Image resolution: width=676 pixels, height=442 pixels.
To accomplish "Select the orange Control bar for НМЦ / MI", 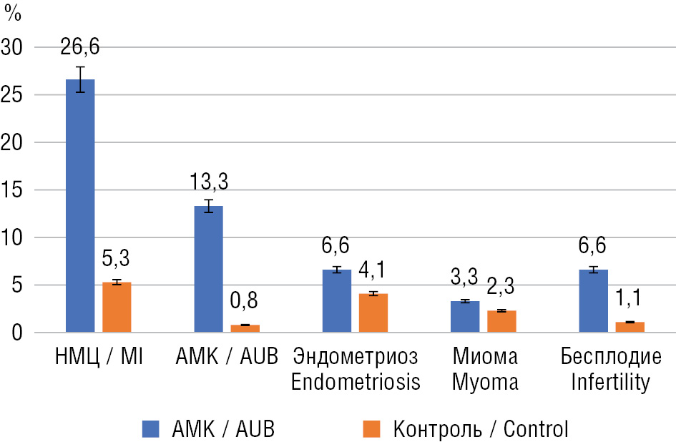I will [x=117, y=308].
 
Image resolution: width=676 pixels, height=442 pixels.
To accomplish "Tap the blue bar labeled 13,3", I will [x=209, y=269].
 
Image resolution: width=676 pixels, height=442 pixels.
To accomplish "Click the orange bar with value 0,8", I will [x=245, y=329].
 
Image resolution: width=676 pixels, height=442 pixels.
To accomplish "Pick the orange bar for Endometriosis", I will [x=373, y=313].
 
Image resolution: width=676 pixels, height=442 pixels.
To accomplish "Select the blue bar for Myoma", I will [x=465, y=317].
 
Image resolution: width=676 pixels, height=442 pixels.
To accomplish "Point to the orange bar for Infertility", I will [x=630, y=328].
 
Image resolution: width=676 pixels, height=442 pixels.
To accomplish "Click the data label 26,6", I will [x=80, y=48].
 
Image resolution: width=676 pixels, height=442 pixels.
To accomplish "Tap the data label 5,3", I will [x=117, y=257].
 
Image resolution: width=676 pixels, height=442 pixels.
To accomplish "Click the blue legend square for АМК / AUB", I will [x=152, y=428].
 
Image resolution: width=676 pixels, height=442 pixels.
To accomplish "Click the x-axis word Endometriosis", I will [x=355, y=382].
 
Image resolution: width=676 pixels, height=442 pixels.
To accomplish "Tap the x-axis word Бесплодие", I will [x=611, y=356].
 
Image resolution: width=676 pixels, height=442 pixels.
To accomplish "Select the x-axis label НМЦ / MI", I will [x=99, y=356].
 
